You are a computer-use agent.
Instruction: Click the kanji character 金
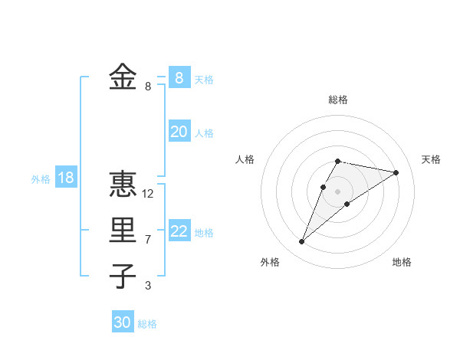[123, 77]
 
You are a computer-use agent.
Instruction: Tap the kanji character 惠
[123, 185]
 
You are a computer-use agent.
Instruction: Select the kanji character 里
[123, 230]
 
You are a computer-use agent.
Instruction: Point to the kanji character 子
[123, 277]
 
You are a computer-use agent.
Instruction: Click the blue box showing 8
[179, 77]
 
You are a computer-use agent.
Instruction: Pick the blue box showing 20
[179, 132]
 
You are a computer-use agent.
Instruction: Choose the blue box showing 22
[179, 231]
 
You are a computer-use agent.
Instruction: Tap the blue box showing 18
[66, 178]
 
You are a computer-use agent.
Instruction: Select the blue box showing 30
[123, 322]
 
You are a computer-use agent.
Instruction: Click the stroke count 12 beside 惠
[148, 194]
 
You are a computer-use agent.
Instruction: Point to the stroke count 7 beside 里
[148, 240]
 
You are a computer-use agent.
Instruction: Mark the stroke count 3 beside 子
[148, 286]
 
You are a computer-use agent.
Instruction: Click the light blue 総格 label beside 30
[147, 324]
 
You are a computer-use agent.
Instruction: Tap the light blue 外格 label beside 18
[41, 179]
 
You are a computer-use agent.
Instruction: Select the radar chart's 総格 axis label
[338, 100]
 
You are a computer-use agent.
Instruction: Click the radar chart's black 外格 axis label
[270, 262]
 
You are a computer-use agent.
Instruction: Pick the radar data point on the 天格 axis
[396, 172]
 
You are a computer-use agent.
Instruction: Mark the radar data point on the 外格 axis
[301, 242]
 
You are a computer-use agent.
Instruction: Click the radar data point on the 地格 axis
[347, 203]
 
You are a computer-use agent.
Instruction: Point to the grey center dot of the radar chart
[338, 191]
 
